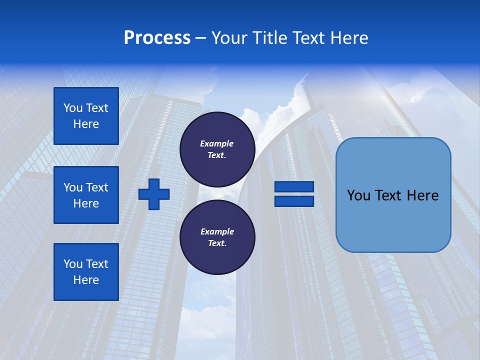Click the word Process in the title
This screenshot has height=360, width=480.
click(157, 38)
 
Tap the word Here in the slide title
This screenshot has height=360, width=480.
click(348, 38)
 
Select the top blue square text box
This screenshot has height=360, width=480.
click(86, 116)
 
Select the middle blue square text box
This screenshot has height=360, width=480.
click(86, 195)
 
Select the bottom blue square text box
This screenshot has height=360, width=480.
click(86, 271)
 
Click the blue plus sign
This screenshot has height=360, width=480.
click(154, 194)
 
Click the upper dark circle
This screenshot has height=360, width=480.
click(217, 149)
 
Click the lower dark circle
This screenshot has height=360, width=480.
click(217, 237)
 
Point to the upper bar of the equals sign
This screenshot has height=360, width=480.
click(294, 186)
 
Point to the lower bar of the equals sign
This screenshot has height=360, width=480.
click(294, 201)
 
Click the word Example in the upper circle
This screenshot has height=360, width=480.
click(217, 143)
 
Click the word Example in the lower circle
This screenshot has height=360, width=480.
click(217, 231)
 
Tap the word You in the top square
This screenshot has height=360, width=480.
click(73, 108)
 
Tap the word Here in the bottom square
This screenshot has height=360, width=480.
click(86, 280)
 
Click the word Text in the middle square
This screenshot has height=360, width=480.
click(97, 187)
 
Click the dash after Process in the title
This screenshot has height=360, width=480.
click(201, 38)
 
